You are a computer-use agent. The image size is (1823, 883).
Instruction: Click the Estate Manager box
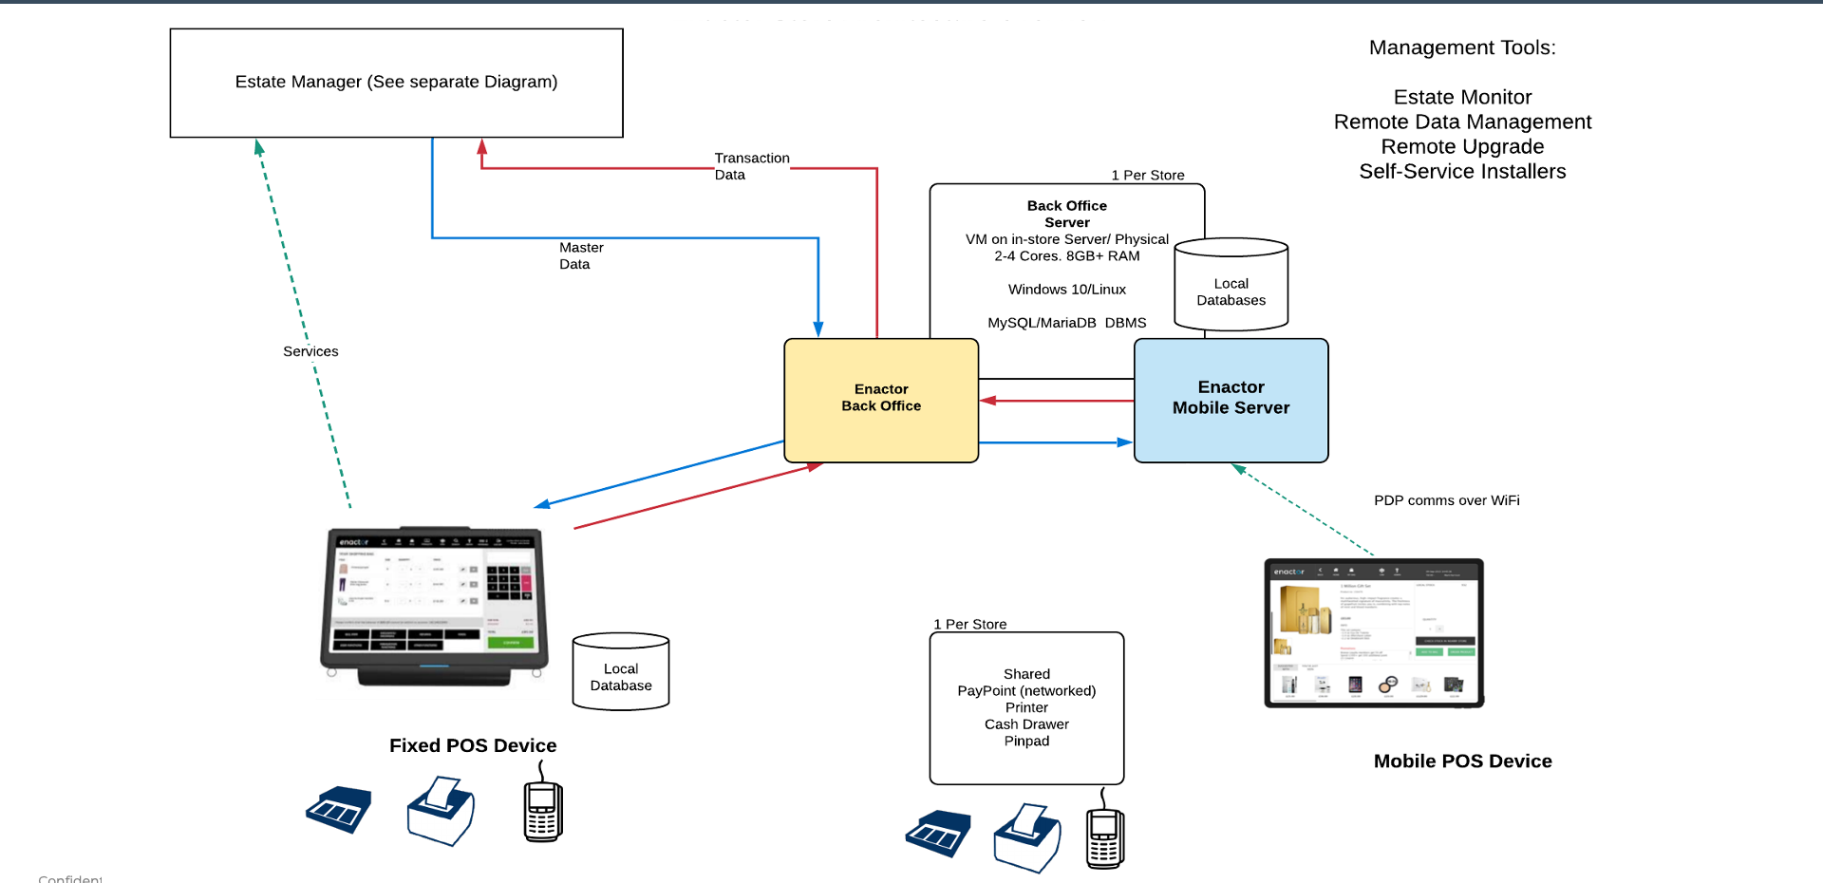pos(396,83)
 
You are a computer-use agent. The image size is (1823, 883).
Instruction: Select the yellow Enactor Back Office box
pos(880,400)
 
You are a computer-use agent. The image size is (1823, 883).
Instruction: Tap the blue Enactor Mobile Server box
pos(1231,400)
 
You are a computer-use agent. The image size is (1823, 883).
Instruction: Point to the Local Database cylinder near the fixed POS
pos(621,674)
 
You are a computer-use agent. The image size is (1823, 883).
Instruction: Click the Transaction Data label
pos(750,166)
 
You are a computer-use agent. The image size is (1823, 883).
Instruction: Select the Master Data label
pos(580,255)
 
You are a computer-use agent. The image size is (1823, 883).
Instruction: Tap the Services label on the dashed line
pos(310,351)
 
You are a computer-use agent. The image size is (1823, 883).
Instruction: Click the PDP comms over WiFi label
pos(1446,500)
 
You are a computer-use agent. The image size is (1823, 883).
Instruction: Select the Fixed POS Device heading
pos(473,745)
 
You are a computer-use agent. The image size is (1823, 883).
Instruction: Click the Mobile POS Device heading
pos(1462,761)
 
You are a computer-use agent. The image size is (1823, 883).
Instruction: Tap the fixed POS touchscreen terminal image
pos(436,604)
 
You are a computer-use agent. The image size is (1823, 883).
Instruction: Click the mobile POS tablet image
pos(1373,632)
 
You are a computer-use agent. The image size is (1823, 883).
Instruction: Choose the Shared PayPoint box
pos(1026,707)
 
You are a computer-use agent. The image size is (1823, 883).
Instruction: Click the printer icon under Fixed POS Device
pos(442,813)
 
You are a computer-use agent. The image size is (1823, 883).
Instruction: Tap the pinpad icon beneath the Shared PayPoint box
pos(1104,836)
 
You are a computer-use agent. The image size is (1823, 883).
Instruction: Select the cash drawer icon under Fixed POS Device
pos(339,810)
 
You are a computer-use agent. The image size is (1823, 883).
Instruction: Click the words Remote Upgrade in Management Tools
pos(1461,147)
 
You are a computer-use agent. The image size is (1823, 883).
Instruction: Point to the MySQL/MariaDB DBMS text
pos(1066,323)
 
